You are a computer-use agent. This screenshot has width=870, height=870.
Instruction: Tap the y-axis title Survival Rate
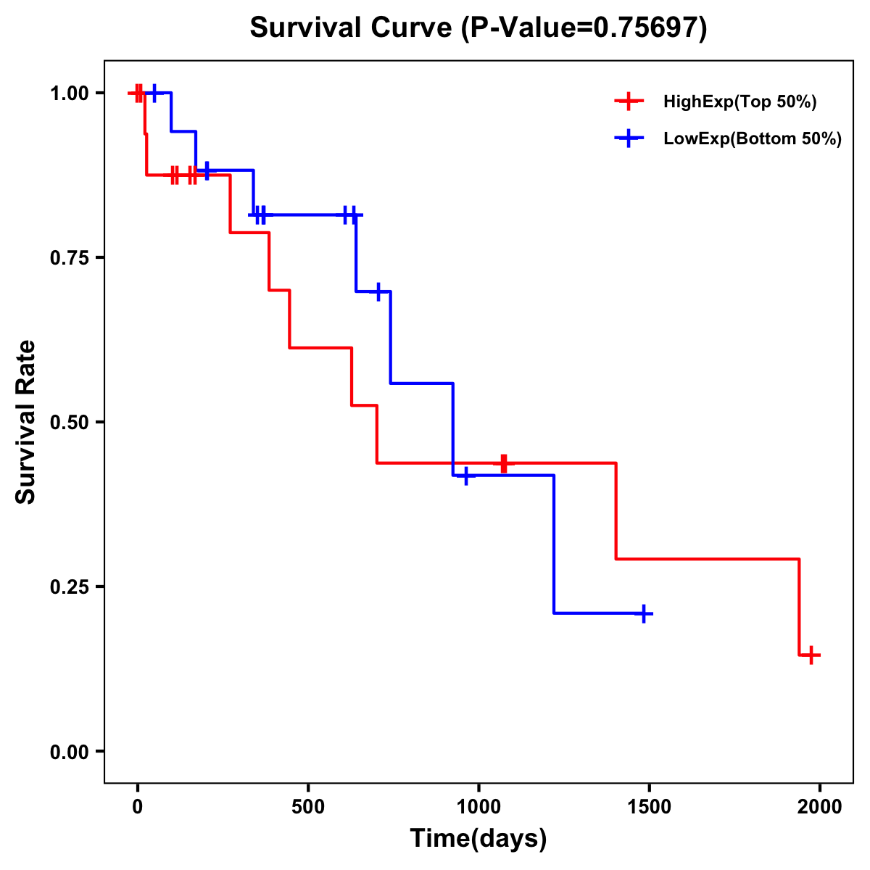[x=26, y=422]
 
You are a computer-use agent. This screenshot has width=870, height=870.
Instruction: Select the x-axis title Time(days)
[x=478, y=838]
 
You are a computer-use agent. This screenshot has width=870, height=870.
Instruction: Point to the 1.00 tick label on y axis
[x=69, y=94]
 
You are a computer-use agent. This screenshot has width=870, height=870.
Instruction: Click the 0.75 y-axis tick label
[x=69, y=258]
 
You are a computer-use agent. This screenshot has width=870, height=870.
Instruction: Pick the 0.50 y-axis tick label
[x=69, y=423]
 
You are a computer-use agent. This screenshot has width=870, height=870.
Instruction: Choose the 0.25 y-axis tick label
[x=69, y=587]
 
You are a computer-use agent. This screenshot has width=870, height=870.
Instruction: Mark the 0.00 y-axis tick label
[x=69, y=752]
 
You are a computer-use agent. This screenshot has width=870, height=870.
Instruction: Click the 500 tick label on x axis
[x=308, y=805]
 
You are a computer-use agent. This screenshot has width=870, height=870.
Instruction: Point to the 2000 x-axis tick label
[x=820, y=805]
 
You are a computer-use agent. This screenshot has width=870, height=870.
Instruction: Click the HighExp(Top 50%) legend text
[x=739, y=102]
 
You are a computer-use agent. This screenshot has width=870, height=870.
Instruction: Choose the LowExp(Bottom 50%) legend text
[x=753, y=139]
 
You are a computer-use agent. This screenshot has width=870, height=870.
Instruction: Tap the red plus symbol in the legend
[x=629, y=101]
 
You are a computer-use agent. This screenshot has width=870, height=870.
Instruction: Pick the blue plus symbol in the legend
[x=629, y=138]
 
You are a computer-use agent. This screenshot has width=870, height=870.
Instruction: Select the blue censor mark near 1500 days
[x=643, y=613]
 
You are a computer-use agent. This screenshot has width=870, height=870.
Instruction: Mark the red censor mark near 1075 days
[x=504, y=463]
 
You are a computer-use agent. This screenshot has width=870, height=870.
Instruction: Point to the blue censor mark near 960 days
[x=465, y=476]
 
